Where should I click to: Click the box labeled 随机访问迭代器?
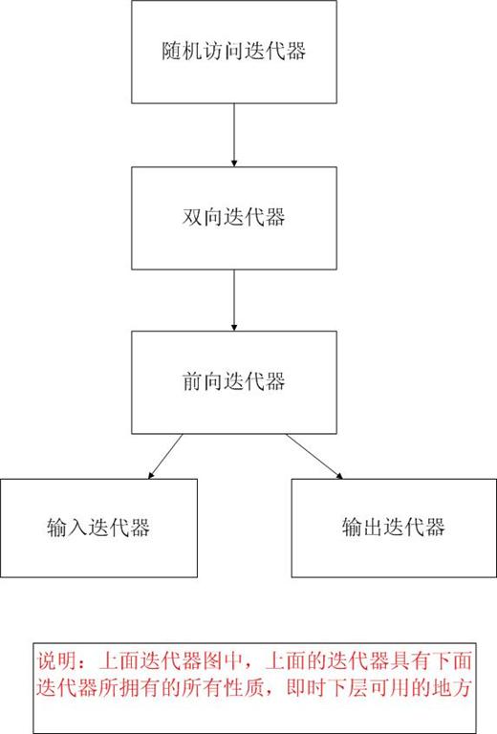(234, 52)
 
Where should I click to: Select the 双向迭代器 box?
(234, 218)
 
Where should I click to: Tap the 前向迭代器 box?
(234, 382)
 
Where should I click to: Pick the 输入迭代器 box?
(98, 528)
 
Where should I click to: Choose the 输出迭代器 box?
(394, 528)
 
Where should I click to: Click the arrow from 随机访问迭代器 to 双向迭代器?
(234, 135)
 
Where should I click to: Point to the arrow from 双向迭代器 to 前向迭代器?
(234, 300)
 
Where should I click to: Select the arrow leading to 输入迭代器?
(165, 457)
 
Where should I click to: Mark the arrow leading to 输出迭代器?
(314, 457)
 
